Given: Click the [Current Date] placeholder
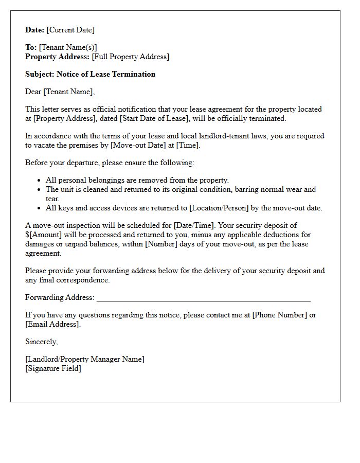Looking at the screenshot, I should tap(70, 30).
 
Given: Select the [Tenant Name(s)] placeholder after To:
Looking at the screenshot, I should tap(68, 47).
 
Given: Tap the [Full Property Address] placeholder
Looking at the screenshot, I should tap(131, 57).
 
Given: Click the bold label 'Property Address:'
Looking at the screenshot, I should tap(58, 57).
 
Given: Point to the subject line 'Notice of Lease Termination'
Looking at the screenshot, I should tap(106, 74).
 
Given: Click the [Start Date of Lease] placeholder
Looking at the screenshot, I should tap(153, 118).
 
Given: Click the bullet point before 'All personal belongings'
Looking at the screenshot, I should tap(40, 181).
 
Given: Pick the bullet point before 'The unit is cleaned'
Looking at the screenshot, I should tap(40, 190).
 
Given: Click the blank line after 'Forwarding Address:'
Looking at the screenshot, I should tap(203, 298).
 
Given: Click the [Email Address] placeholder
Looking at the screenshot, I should tap(52, 324).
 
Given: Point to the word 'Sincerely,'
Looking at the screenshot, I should tap(42, 342).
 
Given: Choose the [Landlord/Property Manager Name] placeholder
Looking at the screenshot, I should tap(85, 359).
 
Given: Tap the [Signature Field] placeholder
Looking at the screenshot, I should tap(53, 368).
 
